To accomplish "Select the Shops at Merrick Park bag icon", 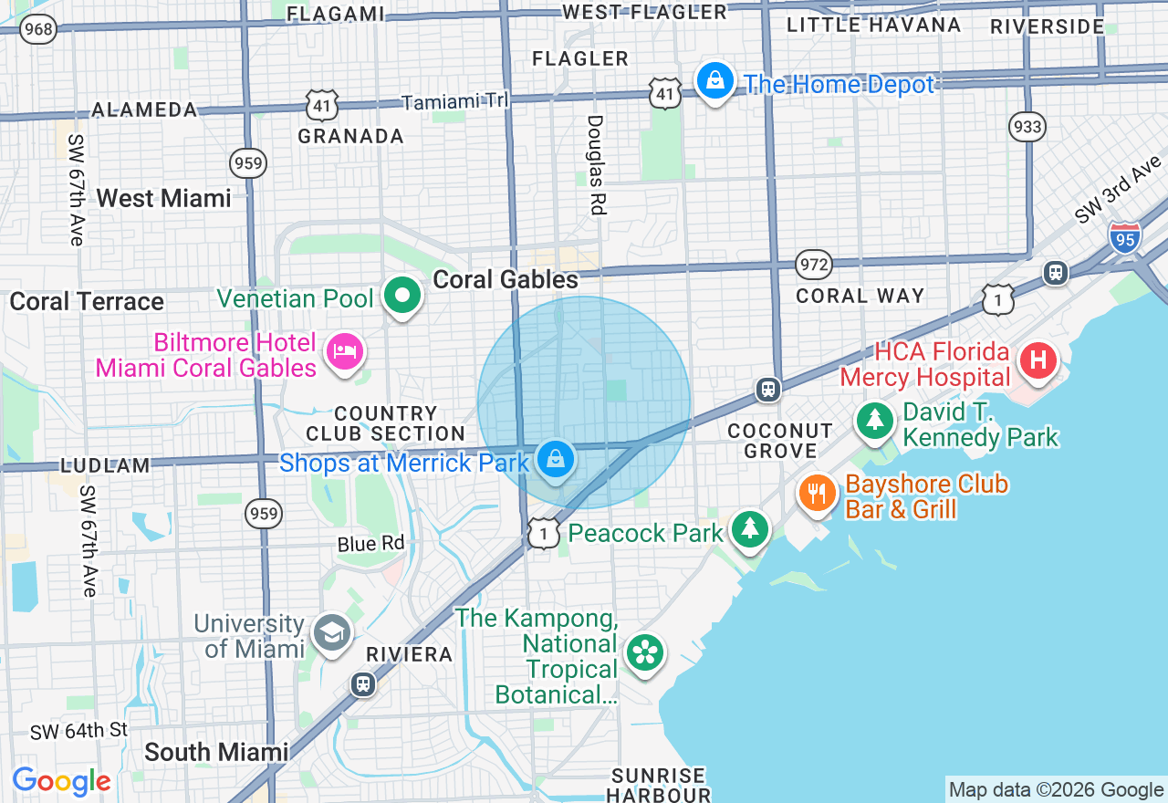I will pyautogui.click(x=555, y=458).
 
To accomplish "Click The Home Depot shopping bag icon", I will pyautogui.click(x=715, y=81).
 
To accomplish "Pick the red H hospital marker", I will pyautogui.click(x=1038, y=360).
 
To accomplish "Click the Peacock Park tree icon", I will pyautogui.click(x=750, y=528).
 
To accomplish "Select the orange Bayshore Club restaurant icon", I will pyautogui.click(x=818, y=494).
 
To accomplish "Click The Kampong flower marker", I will pyautogui.click(x=646, y=652).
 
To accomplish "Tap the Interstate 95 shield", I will pyautogui.click(x=1125, y=237).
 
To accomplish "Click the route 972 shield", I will pyautogui.click(x=813, y=265).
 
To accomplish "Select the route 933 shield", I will pyautogui.click(x=1027, y=126).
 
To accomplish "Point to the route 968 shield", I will pyautogui.click(x=39, y=29).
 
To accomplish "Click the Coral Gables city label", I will pyautogui.click(x=506, y=279).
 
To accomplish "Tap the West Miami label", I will pyautogui.click(x=163, y=198).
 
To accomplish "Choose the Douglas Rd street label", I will pyautogui.click(x=595, y=164).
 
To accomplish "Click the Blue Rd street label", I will pyautogui.click(x=370, y=544).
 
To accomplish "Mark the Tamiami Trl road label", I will pyautogui.click(x=454, y=102).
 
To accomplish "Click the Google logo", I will pyautogui.click(x=61, y=781).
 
